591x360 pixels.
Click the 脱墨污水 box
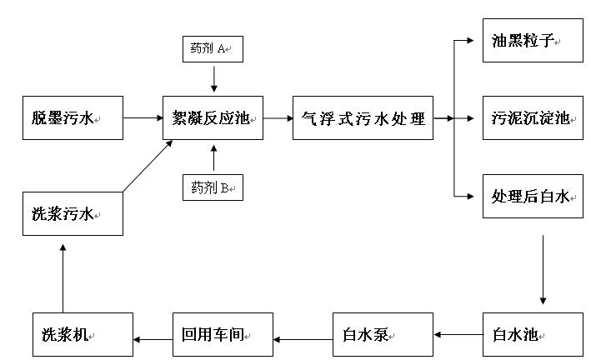(73, 117)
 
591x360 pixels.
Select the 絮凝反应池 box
(213, 117)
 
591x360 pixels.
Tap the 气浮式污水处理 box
(363, 117)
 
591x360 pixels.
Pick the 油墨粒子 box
(531, 40)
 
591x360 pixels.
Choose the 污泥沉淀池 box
(531, 118)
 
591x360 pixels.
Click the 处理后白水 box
(531, 197)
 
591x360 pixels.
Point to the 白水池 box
(531, 335)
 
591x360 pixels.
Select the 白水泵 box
(382, 335)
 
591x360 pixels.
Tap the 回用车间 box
(223, 335)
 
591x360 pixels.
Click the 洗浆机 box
(83, 335)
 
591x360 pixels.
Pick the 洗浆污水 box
(73, 213)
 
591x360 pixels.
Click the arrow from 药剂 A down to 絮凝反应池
(214, 77)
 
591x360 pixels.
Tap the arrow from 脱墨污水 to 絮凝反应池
(143, 118)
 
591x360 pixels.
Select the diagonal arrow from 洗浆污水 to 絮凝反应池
(148, 167)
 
